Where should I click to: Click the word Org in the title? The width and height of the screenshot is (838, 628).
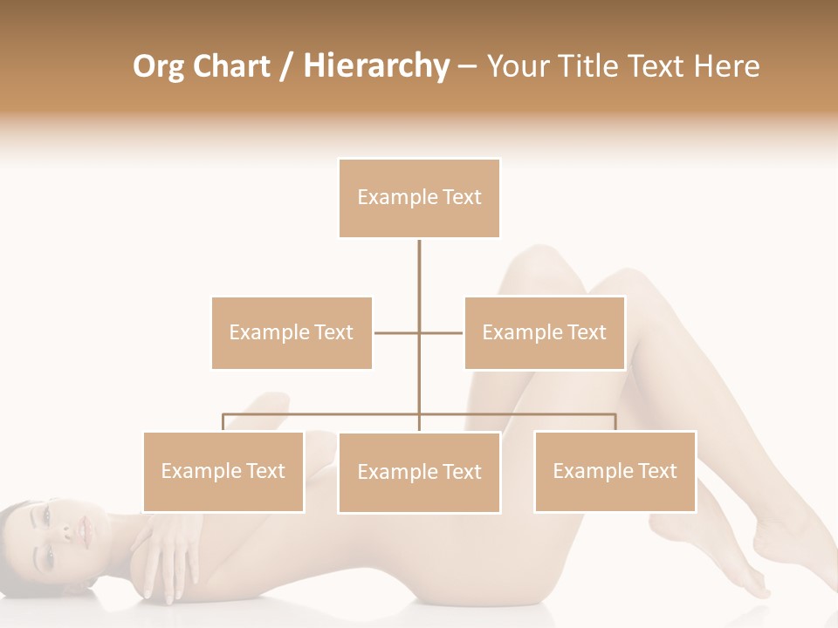(x=160, y=66)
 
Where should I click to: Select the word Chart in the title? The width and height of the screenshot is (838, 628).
(x=230, y=66)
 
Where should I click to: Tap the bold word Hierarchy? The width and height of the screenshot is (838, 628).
(x=375, y=66)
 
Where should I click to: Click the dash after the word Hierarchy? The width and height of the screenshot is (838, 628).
(x=467, y=67)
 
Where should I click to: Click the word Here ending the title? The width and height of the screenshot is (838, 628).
(x=727, y=66)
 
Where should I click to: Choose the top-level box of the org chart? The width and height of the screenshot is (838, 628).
(x=419, y=198)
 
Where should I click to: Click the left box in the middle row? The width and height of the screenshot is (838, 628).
(x=292, y=332)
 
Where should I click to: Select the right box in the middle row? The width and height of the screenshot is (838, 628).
(x=545, y=332)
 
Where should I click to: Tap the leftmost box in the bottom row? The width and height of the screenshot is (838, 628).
(x=223, y=471)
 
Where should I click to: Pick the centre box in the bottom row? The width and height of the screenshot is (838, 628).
(x=419, y=472)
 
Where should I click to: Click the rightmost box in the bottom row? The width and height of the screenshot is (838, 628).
(x=615, y=471)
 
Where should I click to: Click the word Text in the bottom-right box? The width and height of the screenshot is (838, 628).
(x=656, y=471)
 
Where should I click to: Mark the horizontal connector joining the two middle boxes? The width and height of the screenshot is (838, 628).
(x=419, y=332)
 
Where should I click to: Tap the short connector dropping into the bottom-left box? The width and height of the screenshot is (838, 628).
(x=223, y=422)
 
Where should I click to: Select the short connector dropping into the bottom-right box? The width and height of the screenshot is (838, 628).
(x=615, y=422)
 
